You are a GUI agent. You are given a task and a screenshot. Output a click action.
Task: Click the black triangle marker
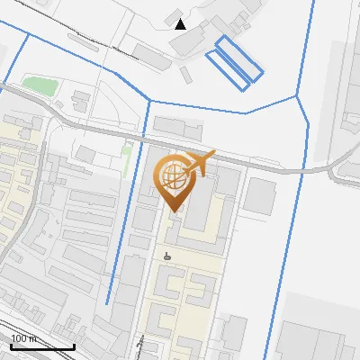tap(180, 23)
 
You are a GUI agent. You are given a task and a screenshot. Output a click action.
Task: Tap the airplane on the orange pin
tap(199, 164)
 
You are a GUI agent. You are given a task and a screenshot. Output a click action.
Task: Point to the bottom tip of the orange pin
tap(174, 210)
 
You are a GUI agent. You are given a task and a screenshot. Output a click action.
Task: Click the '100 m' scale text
tap(24, 338)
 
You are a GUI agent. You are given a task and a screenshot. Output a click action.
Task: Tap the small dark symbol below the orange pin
tap(166, 256)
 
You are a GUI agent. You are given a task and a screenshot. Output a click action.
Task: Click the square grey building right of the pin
tap(261, 195)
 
